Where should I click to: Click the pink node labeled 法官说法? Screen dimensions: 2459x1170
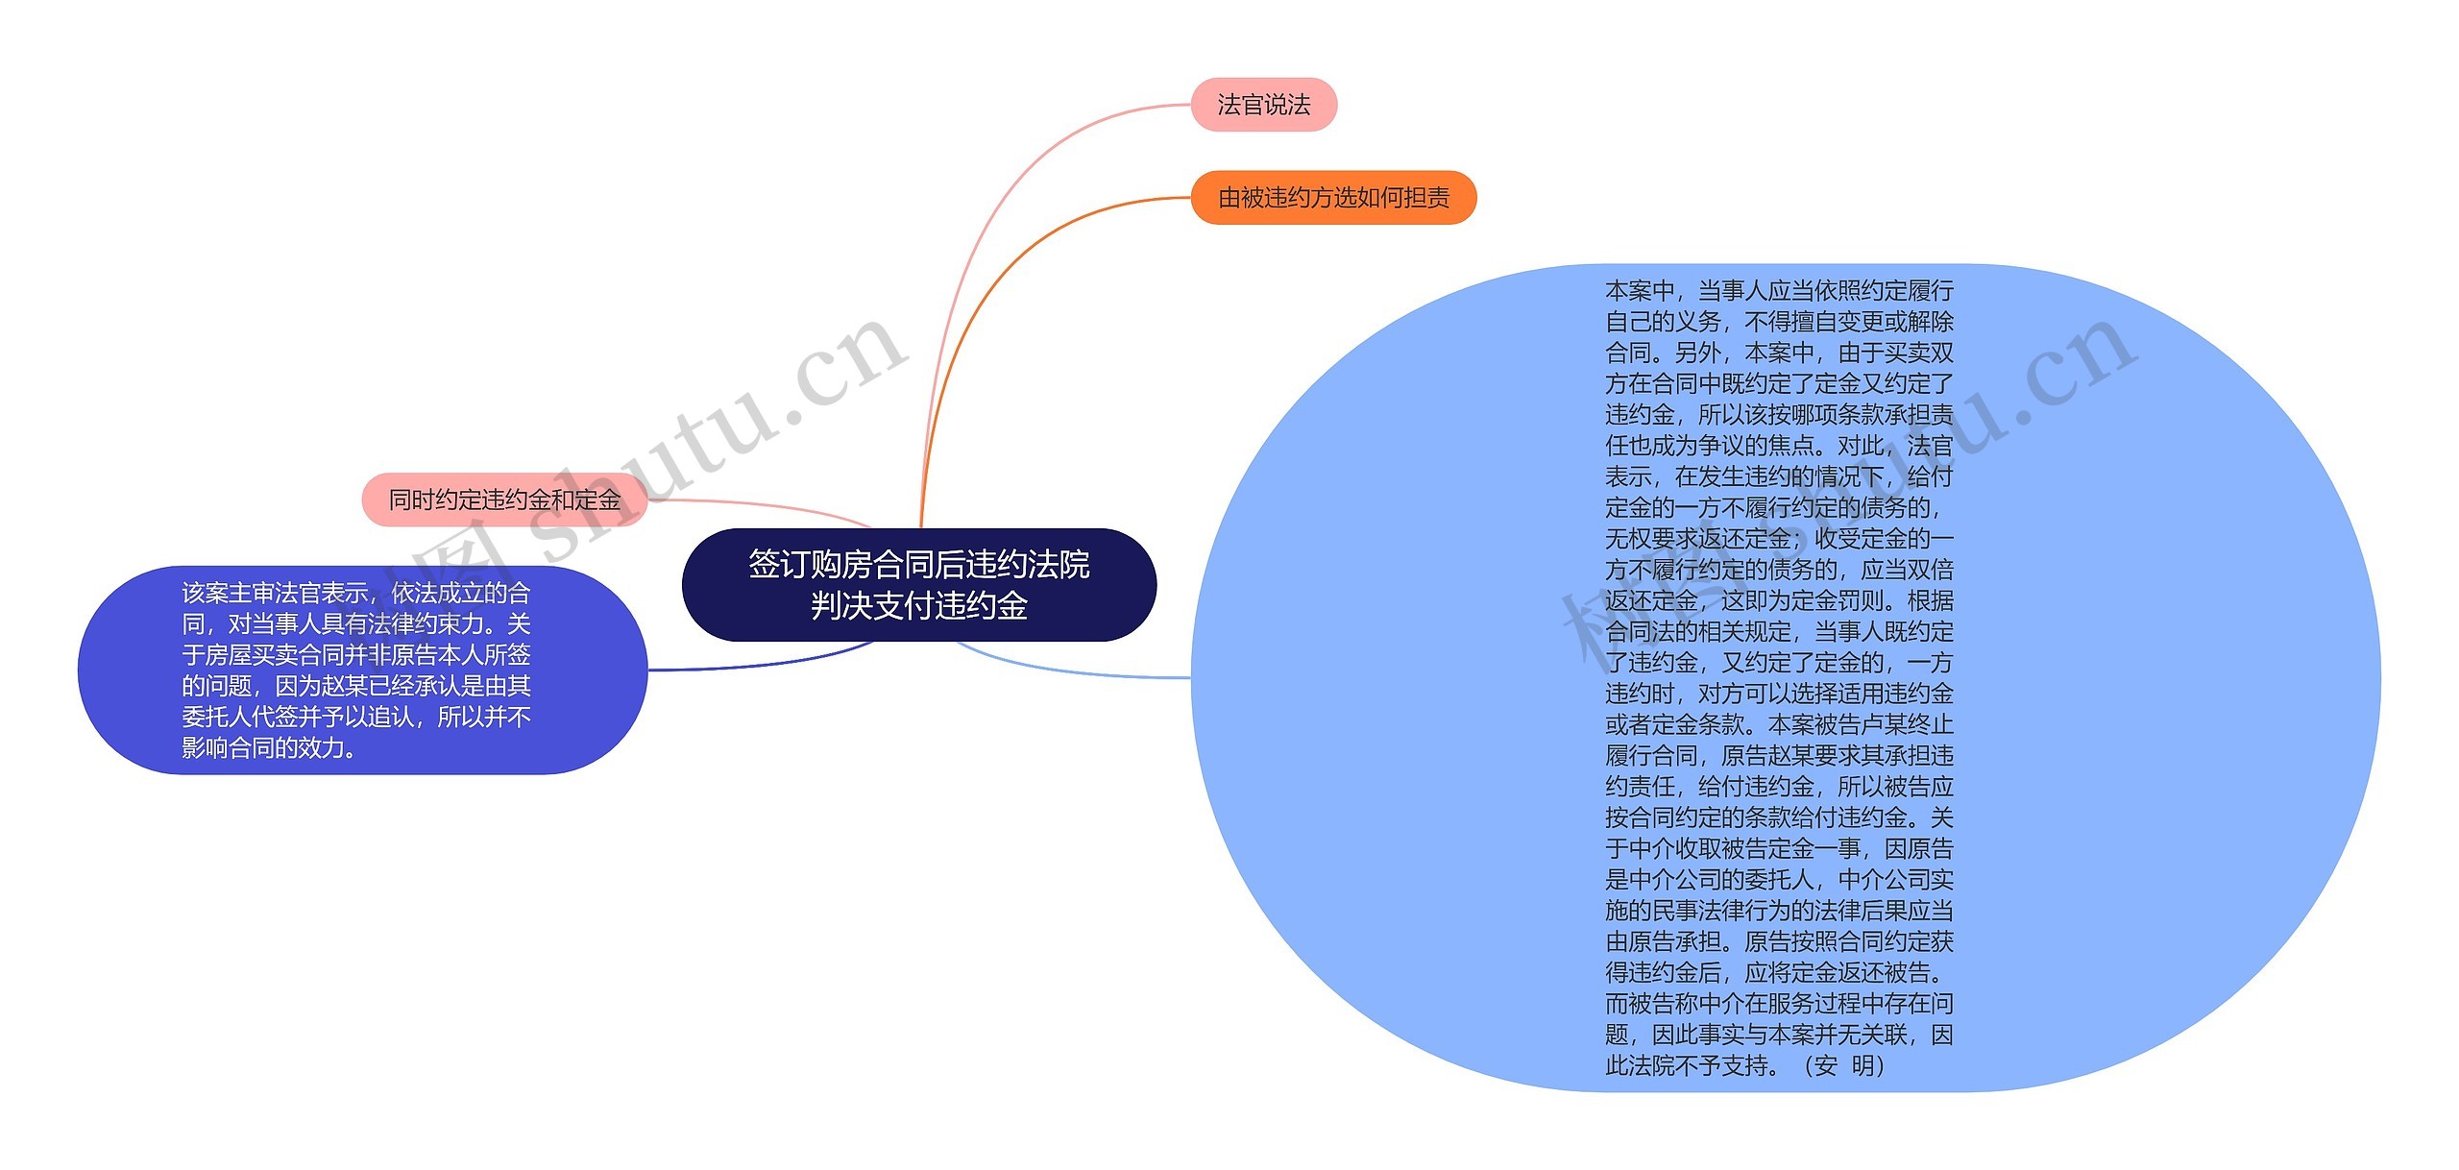pyautogui.click(x=1263, y=105)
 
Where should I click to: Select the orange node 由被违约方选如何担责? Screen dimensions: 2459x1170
pyautogui.click(x=1333, y=198)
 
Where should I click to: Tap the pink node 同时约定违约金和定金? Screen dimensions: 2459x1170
pyautogui.click(x=504, y=500)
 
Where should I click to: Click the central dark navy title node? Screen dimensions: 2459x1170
pyautogui.click(x=918, y=584)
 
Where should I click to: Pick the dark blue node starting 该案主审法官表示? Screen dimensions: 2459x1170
pyautogui.click(x=362, y=670)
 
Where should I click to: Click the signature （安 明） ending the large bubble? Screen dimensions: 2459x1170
pyautogui.click(x=1844, y=1065)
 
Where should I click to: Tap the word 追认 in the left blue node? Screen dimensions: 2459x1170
pyautogui.click(x=392, y=717)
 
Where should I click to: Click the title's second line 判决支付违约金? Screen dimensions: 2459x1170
pyautogui.click(x=918, y=606)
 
